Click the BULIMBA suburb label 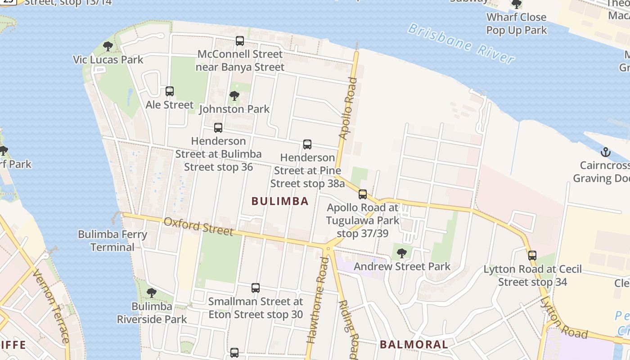(x=280, y=201)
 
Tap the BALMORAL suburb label (x=414, y=345)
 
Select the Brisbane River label (x=461, y=44)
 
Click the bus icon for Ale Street (x=170, y=91)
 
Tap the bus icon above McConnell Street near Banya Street (x=240, y=41)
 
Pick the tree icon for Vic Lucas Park (x=108, y=46)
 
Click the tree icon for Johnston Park (x=234, y=96)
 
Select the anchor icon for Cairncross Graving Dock (x=606, y=152)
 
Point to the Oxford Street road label (x=198, y=226)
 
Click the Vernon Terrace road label (x=50, y=306)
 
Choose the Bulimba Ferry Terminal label (x=112, y=241)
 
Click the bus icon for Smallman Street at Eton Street (x=256, y=288)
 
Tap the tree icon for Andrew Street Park (x=402, y=253)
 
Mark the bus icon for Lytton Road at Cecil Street (x=532, y=256)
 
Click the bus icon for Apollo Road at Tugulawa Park (x=363, y=194)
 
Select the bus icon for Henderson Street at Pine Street (x=307, y=144)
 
